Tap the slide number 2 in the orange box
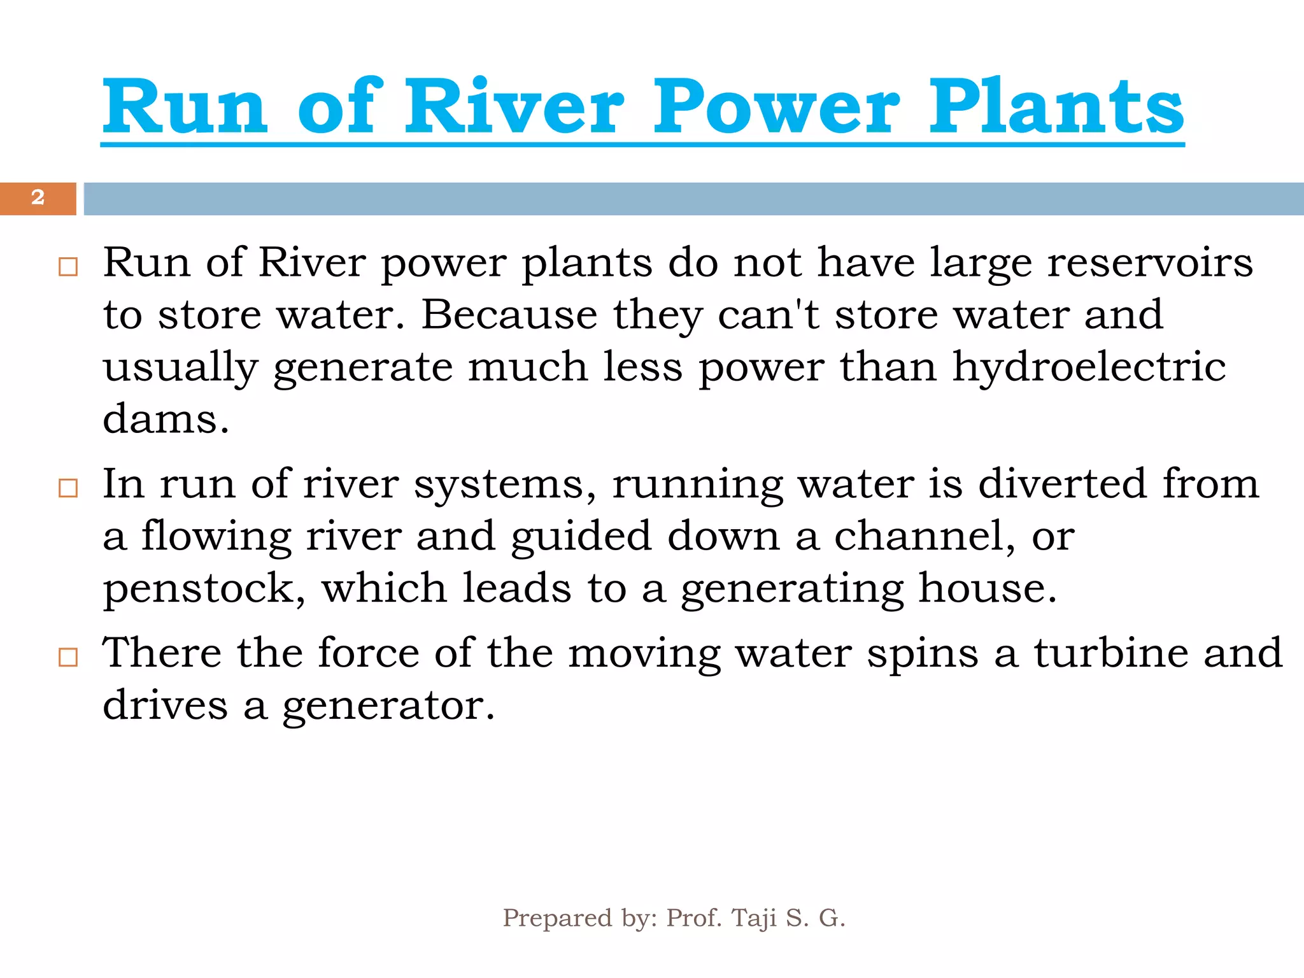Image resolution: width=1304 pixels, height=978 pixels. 38,197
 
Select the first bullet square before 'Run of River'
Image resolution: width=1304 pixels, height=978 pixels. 67,266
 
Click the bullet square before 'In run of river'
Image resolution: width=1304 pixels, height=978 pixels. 67,488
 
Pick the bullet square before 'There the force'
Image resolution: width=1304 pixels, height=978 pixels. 67,657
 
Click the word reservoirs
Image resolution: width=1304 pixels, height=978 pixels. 1150,262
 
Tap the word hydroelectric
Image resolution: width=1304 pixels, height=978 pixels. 1089,367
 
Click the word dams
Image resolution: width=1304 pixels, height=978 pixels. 166,419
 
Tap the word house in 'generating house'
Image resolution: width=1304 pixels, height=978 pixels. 987,588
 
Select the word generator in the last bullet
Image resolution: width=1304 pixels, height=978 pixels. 388,705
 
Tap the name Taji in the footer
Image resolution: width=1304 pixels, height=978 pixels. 754,918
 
